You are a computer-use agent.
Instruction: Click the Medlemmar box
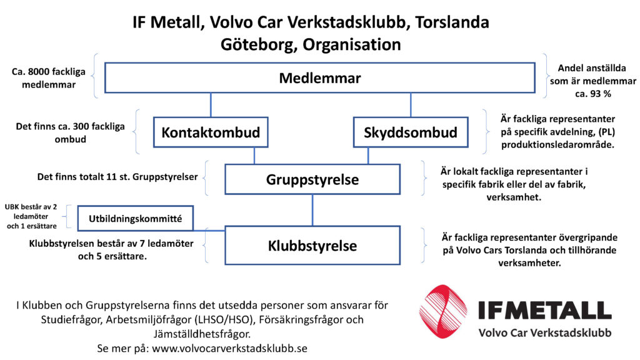319,77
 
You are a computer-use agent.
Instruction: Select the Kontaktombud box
211,132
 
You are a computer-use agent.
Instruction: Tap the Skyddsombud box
411,132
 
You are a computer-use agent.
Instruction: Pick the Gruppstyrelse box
312,179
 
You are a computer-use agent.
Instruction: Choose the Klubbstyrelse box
312,245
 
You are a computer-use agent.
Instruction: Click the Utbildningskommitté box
136,218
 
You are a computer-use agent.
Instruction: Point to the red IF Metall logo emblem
443,311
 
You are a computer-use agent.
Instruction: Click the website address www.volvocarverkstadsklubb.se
229,349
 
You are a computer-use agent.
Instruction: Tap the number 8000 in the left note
39,72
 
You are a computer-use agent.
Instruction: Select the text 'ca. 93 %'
593,94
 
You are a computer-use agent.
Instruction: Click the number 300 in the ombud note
81,126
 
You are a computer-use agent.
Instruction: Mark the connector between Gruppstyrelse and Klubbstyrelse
312,210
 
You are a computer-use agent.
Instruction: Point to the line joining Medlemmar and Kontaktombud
211,105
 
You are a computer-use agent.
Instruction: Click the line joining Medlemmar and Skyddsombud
411,105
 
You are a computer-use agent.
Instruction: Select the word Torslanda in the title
452,22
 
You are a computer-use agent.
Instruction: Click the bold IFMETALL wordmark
545,310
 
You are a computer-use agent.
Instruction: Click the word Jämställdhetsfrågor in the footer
202,334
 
